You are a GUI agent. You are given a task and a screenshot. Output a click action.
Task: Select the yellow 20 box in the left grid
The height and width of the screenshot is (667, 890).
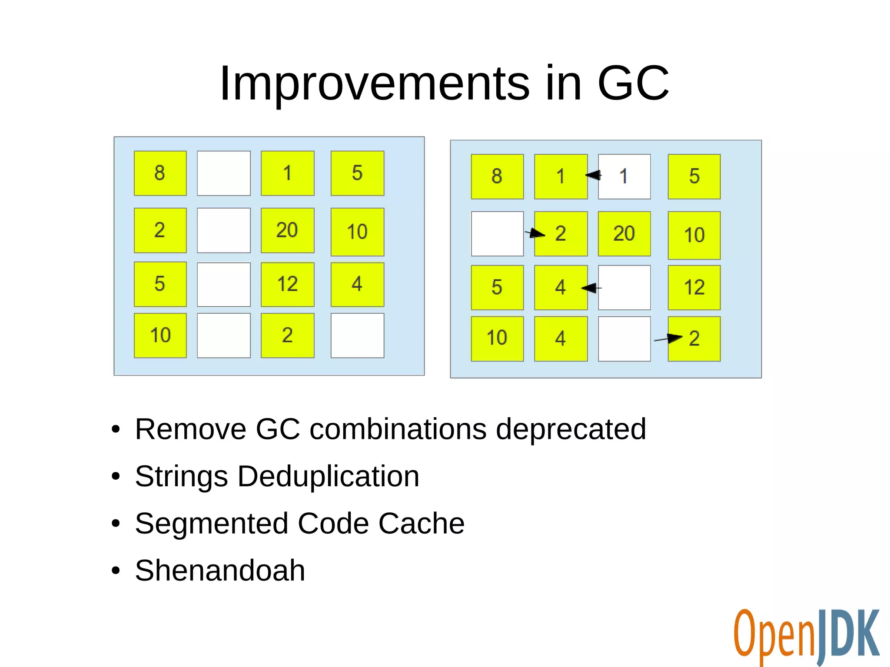tap(287, 230)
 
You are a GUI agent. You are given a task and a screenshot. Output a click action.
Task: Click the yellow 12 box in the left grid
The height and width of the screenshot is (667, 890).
tap(287, 284)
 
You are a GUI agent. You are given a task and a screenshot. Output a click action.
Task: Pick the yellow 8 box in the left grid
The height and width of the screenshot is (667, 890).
tap(160, 173)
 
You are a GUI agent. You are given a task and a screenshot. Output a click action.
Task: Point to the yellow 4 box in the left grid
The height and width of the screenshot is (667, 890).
tap(357, 284)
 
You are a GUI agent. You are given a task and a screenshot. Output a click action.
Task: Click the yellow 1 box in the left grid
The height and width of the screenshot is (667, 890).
tap(287, 173)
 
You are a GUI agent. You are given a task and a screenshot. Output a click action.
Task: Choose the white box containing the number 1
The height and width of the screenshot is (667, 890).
tap(624, 176)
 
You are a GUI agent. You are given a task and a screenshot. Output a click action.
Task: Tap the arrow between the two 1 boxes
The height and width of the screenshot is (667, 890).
tap(593, 175)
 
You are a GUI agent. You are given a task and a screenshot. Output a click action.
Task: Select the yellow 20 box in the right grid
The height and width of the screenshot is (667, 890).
tap(624, 234)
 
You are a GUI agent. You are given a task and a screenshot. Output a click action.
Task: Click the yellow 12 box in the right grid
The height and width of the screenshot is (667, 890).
tap(694, 287)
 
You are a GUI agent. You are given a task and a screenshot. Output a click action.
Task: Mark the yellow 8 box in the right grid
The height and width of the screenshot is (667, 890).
tap(497, 176)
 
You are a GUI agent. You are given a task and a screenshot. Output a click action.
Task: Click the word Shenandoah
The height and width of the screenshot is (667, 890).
tap(220, 570)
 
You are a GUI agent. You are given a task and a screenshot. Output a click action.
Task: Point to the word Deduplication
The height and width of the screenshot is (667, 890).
tap(328, 476)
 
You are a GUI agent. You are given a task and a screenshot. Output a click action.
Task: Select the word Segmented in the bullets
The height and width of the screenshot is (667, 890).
tap(211, 523)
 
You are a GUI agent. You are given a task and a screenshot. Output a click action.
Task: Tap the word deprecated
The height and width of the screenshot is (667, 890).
tap(571, 429)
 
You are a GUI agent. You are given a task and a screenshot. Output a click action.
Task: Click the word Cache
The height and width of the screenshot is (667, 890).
tap(421, 523)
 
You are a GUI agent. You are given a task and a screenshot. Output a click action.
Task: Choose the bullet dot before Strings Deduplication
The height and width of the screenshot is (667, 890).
tap(116, 477)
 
